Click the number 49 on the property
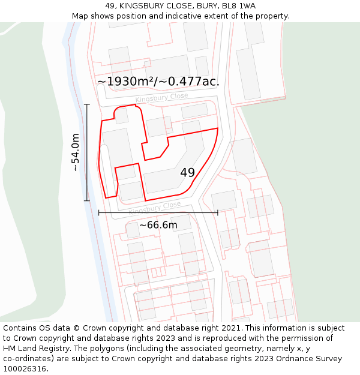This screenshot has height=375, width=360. pyautogui.click(x=187, y=173)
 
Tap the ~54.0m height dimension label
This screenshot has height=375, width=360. pyautogui.click(x=75, y=152)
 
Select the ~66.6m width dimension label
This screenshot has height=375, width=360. pyautogui.click(x=158, y=225)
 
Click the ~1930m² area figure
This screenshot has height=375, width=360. pyautogui.click(x=131, y=82)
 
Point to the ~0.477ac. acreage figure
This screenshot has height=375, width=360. pyautogui.click(x=193, y=82)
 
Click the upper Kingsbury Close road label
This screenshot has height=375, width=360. pyautogui.click(x=161, y=98)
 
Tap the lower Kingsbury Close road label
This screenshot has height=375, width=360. pyautogui.click(x=154, y=208)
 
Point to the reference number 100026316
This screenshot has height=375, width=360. pyautogui.click(x=23, y=369)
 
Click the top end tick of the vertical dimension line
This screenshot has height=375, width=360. pyautogui.click(x=87, y=105)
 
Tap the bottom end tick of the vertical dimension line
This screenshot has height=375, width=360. pyautogui.click(x=87, y=200)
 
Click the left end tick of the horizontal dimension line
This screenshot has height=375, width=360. pyautogui.click(x=99, y=212)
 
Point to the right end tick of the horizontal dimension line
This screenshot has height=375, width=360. pyautogui.click(x=217, y=212)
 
